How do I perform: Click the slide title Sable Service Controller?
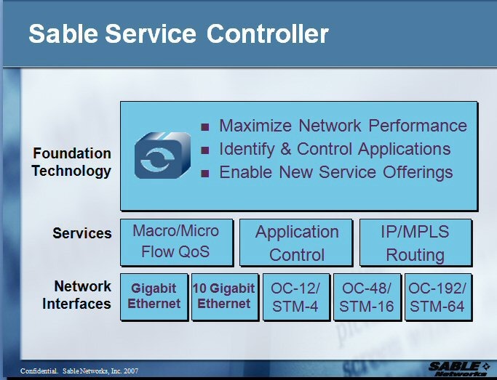tap(178, 33)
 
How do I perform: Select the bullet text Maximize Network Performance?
tap(343, 126)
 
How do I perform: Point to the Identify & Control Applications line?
tap(335, 149)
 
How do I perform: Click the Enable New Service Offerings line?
tap(335, 172)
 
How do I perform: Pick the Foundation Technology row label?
tap(72, 162)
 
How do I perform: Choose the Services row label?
tap(82, 233)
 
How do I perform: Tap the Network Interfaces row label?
tap(77, 294)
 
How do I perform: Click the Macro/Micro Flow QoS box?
tap(176, 242)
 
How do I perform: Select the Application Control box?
tap(297, 243)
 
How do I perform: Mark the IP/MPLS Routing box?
tap(416, 243)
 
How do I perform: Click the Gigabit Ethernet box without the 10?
tap(154, 296)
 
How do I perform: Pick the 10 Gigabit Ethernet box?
tap(224, 296)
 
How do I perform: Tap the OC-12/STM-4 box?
tap(295, 297)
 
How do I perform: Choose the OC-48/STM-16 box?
tap(367, 297)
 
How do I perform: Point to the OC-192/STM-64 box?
tap(437, 297)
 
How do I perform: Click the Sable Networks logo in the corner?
tap(458, 368)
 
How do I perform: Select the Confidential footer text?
tap(79, 371)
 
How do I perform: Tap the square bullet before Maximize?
tap(205, 127)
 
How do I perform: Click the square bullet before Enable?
tap(205, 174)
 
